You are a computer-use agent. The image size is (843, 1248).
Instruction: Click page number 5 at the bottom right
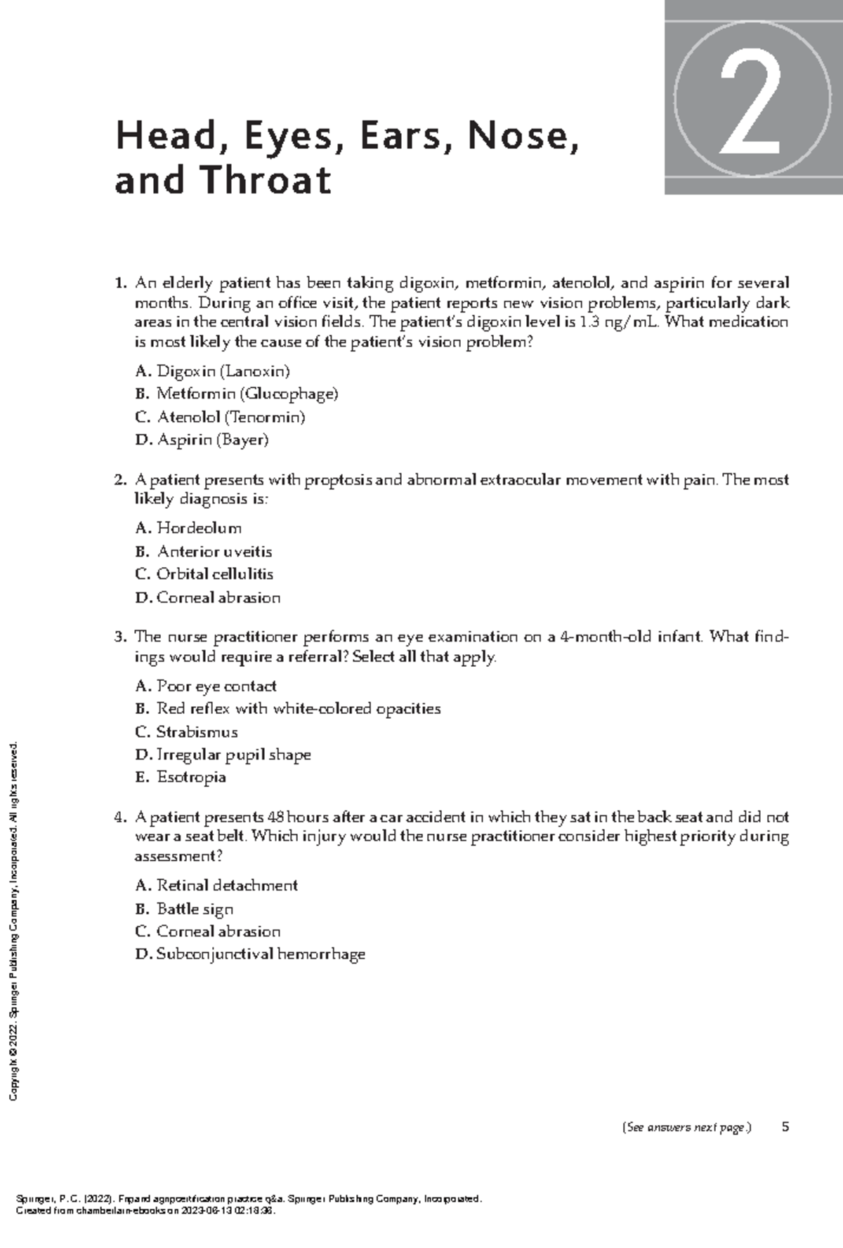pyautogui.click(x=785, y=1127)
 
